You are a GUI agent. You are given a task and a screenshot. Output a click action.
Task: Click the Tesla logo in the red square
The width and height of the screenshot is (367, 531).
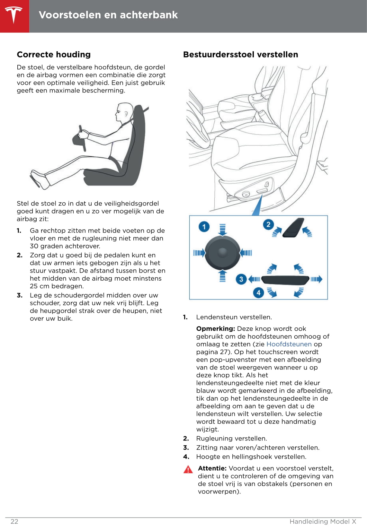pos(13,15)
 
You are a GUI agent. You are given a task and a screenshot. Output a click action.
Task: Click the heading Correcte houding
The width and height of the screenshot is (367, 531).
pos(54,55)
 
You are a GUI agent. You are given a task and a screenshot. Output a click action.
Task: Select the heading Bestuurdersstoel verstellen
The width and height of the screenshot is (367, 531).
pos(241,55)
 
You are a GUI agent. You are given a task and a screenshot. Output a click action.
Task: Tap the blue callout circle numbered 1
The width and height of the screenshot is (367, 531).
pos(204,227)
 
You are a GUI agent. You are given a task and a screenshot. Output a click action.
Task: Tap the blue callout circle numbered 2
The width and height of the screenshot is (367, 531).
pos(268,224)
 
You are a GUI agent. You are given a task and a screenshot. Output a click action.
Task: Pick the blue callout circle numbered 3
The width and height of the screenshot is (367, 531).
pos(241,279)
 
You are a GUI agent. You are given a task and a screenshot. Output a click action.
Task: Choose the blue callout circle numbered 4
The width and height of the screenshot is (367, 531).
pos(258,292)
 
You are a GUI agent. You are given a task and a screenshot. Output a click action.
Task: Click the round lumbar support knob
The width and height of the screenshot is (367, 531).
pos(222,253)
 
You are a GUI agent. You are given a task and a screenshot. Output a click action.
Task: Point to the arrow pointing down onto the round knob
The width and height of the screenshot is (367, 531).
pos(222,230)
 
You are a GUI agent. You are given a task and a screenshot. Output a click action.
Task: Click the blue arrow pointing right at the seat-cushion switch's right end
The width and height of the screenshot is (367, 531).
pos(317,279)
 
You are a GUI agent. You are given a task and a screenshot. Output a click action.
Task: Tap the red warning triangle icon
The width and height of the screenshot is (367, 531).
pos(188,469)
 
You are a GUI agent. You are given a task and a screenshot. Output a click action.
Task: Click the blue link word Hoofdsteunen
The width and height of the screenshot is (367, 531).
pos(289,344)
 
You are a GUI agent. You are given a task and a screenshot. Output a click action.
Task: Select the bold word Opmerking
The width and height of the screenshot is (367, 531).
pos(215,328)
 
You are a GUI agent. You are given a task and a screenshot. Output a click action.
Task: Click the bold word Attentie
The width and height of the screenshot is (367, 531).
pos(212,468)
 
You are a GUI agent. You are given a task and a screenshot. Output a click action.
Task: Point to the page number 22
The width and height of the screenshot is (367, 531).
pos(14,521)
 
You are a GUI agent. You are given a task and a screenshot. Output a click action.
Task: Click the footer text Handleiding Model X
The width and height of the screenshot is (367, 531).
pos(323,521)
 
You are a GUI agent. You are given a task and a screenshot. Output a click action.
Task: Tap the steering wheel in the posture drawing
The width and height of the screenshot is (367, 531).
pos(79,139)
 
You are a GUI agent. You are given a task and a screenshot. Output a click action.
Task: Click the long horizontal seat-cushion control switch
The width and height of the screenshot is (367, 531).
pos(285,280)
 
